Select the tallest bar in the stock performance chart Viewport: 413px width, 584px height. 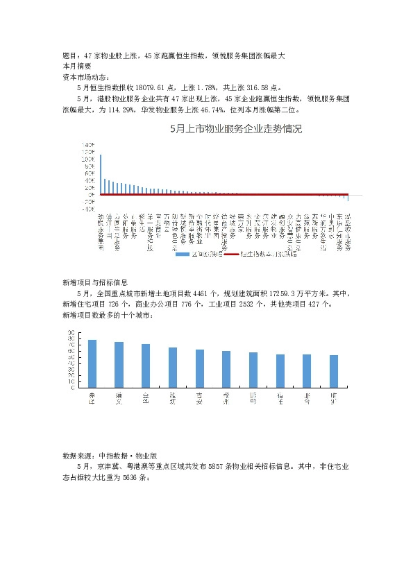click(101, 174)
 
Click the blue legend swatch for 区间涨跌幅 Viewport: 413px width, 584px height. click(182, 254)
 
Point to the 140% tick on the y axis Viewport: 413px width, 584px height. click(88, 144)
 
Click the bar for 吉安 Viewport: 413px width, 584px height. click(200, 368)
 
